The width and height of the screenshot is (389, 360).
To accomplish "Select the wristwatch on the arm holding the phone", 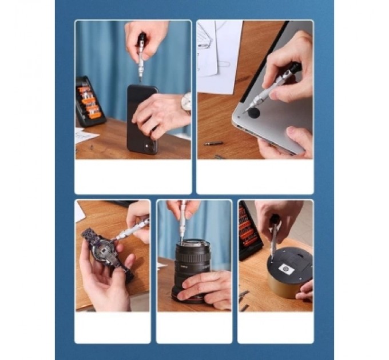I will [x=186, y=103].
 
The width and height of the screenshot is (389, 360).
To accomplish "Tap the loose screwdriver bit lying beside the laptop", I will [x=213, y=143].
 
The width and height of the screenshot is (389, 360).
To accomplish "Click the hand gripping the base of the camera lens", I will [x=206, y=286].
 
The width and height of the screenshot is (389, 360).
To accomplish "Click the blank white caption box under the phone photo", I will [x=133, y=177].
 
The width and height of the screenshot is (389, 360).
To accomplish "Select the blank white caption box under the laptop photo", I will [x=255, y=177].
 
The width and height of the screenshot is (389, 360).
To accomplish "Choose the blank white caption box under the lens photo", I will [x=194, y=327].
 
